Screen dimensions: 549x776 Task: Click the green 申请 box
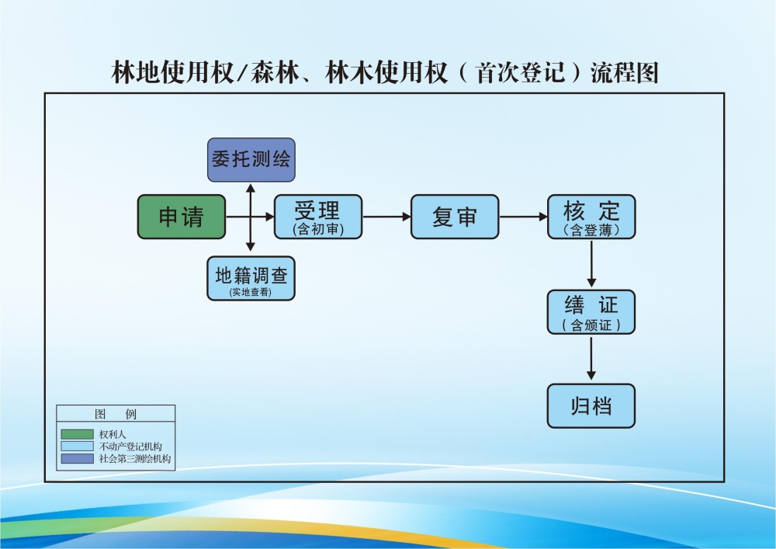pyautogui.click(x=182, y=217)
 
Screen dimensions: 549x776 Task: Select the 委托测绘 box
pyautogui.click(x=251, y=160)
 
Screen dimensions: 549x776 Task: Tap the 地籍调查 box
pyautogui.click(x=251, y=279)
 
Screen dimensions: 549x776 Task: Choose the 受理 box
pyautogui.click(x=317, y=217)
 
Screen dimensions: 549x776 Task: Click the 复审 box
pyautogui.click(x=454, y=217)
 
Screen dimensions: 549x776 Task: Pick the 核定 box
pyautogui.click(x=591, y=217)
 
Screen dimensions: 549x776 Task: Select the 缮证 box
pyautogui.click(x=591, y=312)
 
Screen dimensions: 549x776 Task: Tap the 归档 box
pyautogui.click(x=591, y=406)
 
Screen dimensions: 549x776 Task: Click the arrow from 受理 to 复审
pyautogui.click(x=386, y=217)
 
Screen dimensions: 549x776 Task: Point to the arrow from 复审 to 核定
pyautogui.click(x=523, y=217)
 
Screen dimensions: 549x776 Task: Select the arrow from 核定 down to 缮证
pyautogui.click(x=592, y=264)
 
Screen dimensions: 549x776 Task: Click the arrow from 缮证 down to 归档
pyautogui.click(x=592, y=359)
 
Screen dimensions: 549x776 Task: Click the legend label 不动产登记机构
pyautogui.click(x=130, y=446)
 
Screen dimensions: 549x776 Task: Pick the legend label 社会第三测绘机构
pyautogui.click(x=136, y=459)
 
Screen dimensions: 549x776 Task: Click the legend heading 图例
pyautogui.click(x=116, y=415)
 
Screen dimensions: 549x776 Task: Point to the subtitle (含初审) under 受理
pyautogui.click(x=317, y=229)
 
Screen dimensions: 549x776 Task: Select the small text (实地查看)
pyautogui.click(x=251, y=292)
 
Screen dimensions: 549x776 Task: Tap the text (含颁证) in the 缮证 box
pyautogui.click(x=591, y=326)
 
